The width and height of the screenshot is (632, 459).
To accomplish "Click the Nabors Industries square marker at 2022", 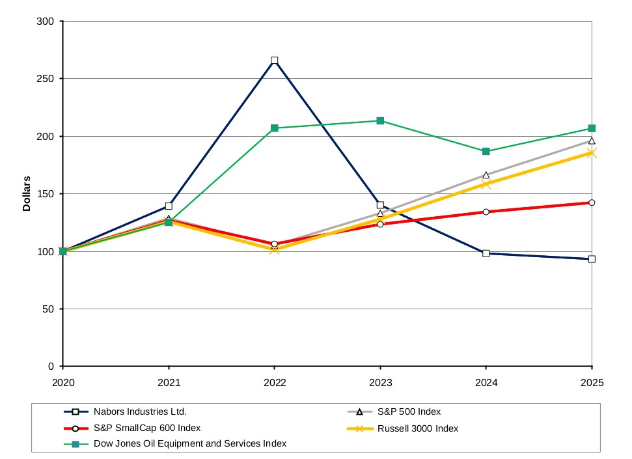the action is point(275,61).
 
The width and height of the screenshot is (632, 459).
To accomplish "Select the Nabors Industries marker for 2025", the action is point(592,259).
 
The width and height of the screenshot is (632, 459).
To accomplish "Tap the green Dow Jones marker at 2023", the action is point(380,121).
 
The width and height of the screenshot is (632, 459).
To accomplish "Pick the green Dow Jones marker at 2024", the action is point(486,151).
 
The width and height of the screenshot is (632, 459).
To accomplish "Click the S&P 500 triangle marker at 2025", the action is point(592,141).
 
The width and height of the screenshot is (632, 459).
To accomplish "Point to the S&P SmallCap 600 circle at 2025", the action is point(592,202).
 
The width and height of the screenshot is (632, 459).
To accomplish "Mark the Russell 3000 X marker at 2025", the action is point(592,153).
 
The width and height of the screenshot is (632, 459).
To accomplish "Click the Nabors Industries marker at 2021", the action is point(169,206).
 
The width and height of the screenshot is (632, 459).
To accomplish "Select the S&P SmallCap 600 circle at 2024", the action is point(486,212).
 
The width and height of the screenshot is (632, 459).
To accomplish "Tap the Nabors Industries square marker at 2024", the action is point(486,253).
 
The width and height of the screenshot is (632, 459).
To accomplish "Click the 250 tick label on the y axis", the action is point(45,79).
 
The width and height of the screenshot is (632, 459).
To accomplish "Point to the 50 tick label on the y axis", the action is point(48,309).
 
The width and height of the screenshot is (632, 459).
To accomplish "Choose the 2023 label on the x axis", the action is point(381,382).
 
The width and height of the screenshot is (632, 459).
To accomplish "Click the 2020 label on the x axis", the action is point(63,382).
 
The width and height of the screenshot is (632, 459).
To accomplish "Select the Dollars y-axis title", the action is point(27,193).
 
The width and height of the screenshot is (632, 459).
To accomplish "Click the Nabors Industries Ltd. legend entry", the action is point(126,412).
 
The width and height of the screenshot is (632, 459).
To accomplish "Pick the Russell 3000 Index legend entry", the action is point(403,428).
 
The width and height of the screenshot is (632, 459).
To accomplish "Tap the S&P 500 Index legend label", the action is point(409,412).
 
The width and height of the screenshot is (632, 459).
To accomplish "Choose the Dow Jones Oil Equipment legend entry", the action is point(175,443).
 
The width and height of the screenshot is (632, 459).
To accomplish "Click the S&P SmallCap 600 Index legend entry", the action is point(132,428).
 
